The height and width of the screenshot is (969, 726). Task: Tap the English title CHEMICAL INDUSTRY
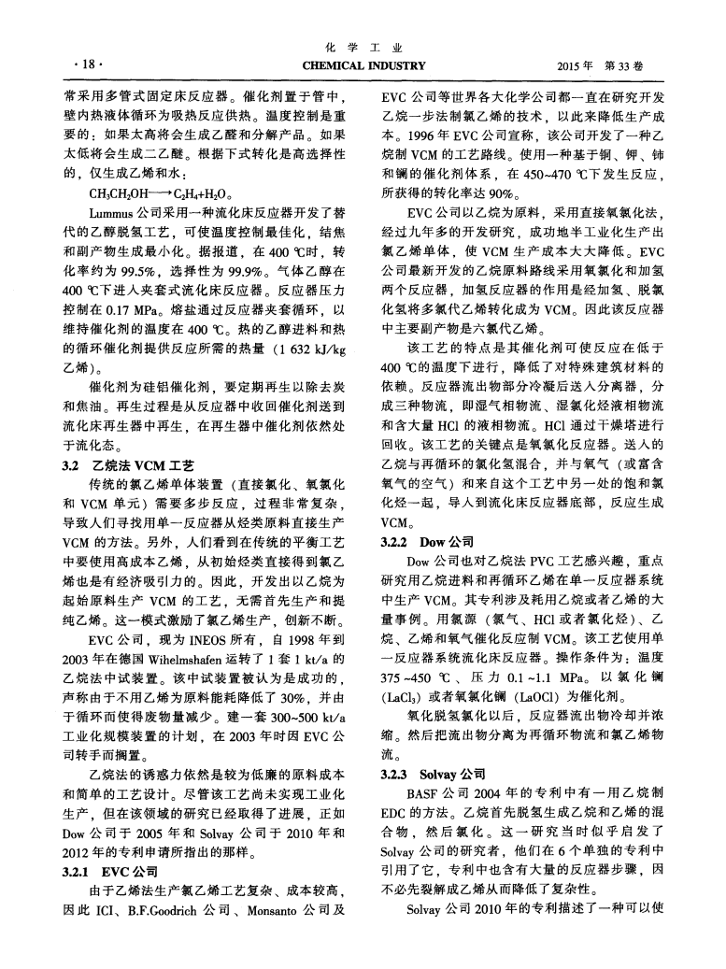pos(363,65)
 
